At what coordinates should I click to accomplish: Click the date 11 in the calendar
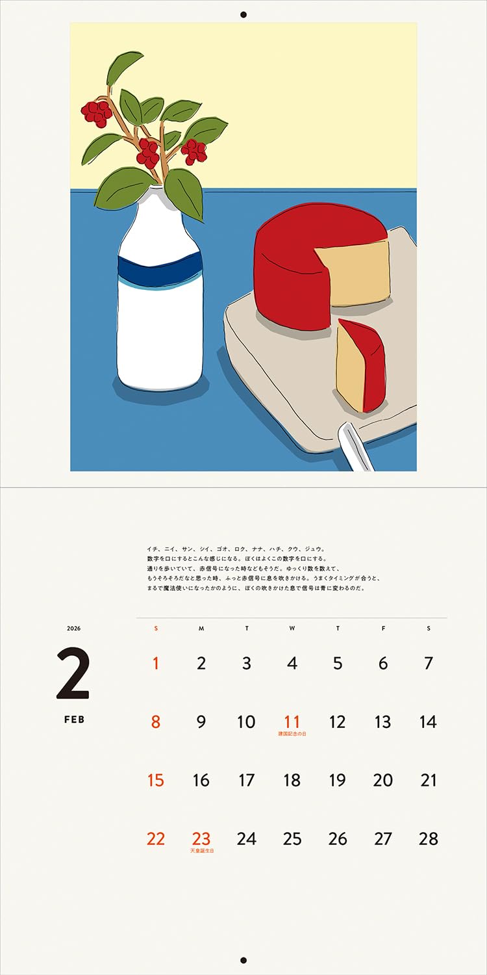click(x=292, y=721)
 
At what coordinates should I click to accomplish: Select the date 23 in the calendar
click(x=201, y=838)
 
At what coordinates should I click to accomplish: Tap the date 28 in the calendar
click(x=429, y=838)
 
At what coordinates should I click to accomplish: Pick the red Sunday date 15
click(x=156, y=780)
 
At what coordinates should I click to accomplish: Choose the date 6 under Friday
click(x=383, y=663)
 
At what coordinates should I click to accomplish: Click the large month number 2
click(x=73, y=674)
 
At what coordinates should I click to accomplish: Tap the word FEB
click(x=74, y=720)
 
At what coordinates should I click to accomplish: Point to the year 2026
click(x=73, y=629)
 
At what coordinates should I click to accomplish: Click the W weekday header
click(x=292, y=629)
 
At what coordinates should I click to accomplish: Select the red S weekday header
click(x=156, y=629)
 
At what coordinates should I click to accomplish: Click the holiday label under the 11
click(x=292, y=734)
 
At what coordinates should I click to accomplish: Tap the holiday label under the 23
click(x=202, y=850)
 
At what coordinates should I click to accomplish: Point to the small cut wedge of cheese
click(x=361, y=367)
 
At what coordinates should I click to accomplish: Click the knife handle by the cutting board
click(x=356, y=447)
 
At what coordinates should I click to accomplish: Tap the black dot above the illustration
click(x=243, y=14)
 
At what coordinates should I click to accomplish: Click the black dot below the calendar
click(x=243, y=960)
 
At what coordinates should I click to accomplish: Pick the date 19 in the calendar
click(x=338, y=780)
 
